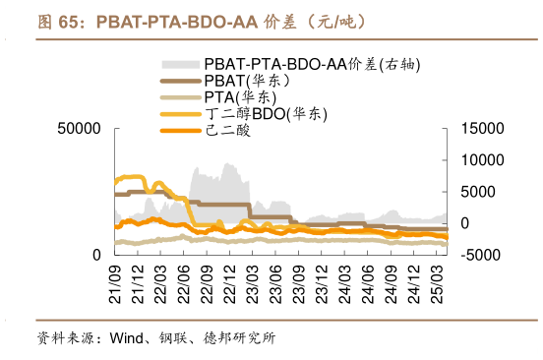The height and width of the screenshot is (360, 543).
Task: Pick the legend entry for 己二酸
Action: tap(227, 130)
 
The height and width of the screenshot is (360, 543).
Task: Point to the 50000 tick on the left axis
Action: tap(80, 129)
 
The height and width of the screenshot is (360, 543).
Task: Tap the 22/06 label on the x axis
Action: tap(183, 281)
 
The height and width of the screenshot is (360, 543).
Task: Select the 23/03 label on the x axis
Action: tap(252, 281)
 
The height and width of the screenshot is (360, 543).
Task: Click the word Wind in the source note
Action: tap(127, 338)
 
